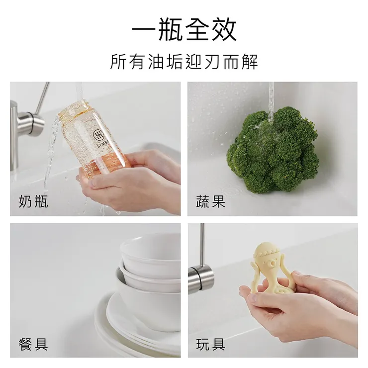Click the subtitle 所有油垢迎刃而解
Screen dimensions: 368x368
184,63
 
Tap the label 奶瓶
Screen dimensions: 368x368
33,201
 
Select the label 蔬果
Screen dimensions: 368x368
211,201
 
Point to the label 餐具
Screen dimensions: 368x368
33,344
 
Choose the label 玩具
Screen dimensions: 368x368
211,344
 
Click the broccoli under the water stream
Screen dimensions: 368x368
273,149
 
